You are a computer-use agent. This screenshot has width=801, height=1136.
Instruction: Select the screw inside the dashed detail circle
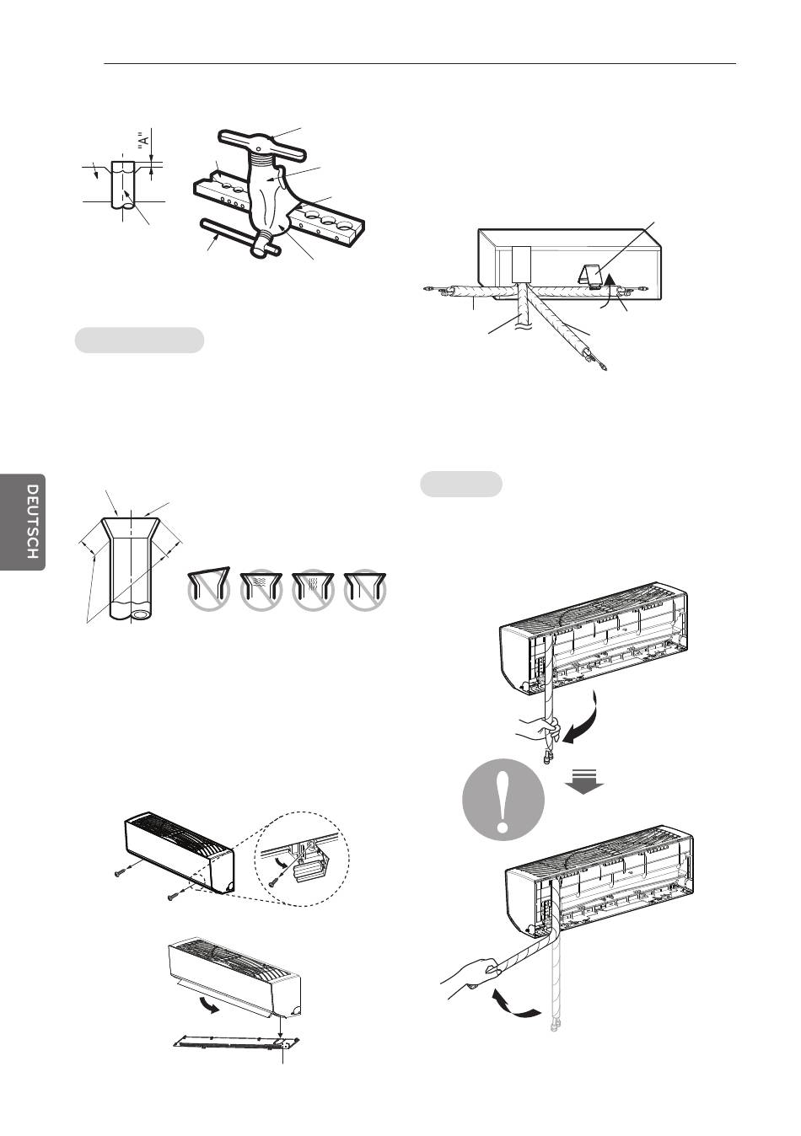277,876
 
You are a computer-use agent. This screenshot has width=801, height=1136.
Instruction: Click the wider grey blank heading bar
140,340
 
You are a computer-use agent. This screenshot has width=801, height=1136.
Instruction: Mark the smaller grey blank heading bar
461,485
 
